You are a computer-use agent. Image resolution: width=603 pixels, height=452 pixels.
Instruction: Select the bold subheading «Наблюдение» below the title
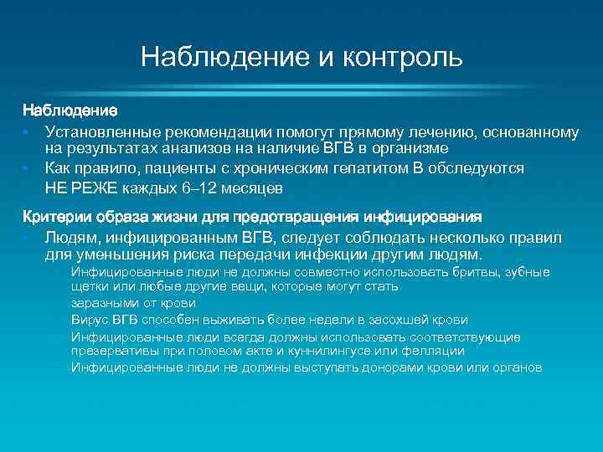click(x=70, y=110)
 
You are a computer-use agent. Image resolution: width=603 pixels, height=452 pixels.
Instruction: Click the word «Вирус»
click(x=89, y=320)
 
